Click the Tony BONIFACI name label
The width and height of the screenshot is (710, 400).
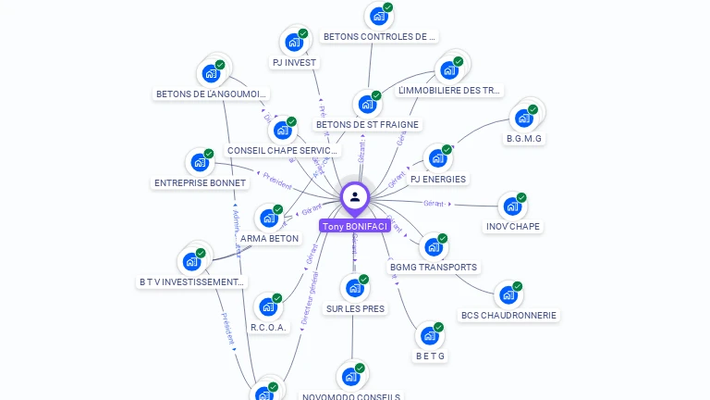click(x=354, y=226)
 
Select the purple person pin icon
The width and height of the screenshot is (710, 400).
click(x=354, y=197)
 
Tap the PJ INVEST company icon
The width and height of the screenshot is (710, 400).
click(x=294, y=42)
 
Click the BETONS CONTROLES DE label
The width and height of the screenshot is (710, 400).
click(x=378, y=37)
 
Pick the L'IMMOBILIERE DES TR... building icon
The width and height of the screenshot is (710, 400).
click(x=449, y=69)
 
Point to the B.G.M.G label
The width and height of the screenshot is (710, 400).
click(x=524, y=139)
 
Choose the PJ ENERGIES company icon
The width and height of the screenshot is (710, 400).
click(x=438, y=157)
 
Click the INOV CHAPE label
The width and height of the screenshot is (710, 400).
click(x=513, y=226)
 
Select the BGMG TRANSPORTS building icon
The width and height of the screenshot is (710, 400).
click(x=433, y=246)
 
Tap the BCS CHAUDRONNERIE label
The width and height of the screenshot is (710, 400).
click(x=508, y=315)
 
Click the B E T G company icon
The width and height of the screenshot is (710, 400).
click(x=430, y=335)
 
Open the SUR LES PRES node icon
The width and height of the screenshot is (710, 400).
click(x=354, y=288)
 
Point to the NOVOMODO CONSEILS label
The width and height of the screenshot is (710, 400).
click(x=351, y=396)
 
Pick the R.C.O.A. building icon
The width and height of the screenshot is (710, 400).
click(x=268, y=306)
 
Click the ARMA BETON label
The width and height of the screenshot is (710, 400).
click(x=269, y=238)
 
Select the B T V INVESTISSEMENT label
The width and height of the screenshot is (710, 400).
click(x=191, y=281)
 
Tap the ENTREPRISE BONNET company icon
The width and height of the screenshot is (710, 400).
click(x=200, y=162)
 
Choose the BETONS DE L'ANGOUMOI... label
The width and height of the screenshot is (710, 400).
click(x=212, y=94)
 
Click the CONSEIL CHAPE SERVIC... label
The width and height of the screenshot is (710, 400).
click(x=283, y=150)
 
